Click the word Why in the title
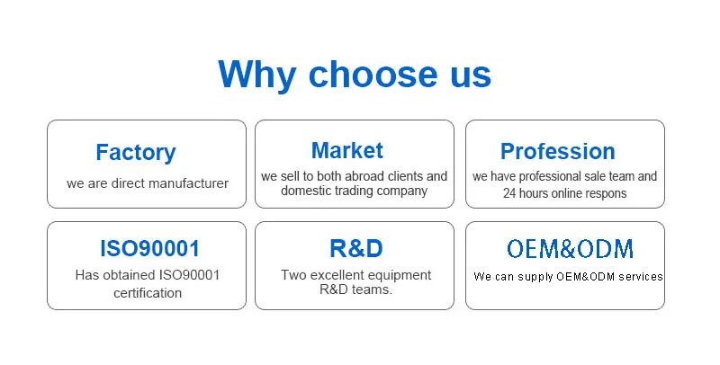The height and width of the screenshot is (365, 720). pyautogui.click(x=256, y=75)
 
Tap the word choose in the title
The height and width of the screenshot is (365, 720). pyautogui.click(x=373, y=74)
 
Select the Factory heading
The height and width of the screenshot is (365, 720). pyautogui.click(x=136, y=153)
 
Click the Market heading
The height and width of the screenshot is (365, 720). pyautogui.click(x=347, y=150)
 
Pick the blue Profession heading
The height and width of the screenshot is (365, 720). pyautogui.click(x=557, y=151)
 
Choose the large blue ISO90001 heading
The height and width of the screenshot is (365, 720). pyautogui.click(x=149, y=248)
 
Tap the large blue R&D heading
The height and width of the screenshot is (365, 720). pyautogui.click(x=355, y=248)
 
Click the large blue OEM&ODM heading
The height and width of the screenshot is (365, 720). pyautogui.click(x=570, y=249)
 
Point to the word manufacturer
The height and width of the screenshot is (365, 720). pyautogui.click(x=188, y=183)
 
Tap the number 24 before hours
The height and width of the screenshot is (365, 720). pyautogui.click(x=509, y=193)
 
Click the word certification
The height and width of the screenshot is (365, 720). pyautogui.click(x=148, y=293)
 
